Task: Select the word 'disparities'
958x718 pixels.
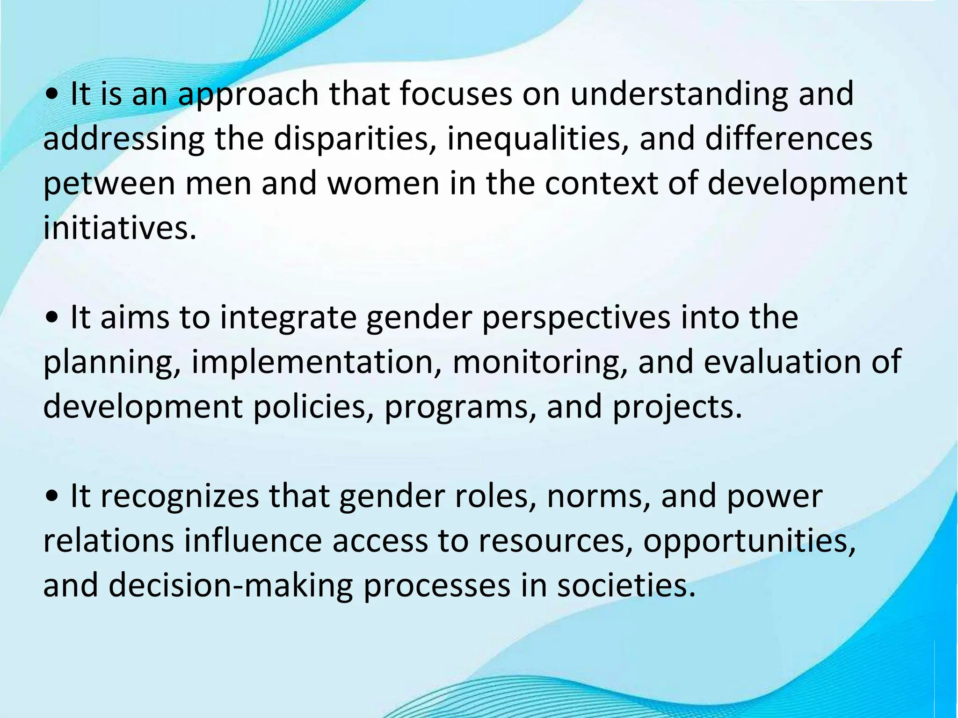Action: pyautogui.click(x=351, y=139)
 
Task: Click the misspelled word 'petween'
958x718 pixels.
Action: pyautogui.click(x=109, y=184)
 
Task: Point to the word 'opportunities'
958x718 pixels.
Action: pyautogui.click(x=749, y=541)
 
